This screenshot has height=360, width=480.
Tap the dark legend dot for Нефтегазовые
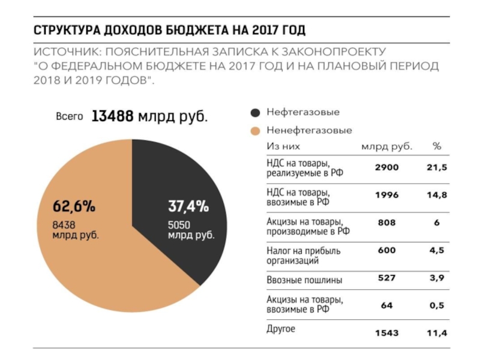coord(255,112)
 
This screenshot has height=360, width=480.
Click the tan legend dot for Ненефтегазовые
coord(255,130)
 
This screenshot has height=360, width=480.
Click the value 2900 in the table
coord(386,168)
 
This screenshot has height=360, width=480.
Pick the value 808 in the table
coord(386,223)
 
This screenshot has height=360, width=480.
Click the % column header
coord(437,146)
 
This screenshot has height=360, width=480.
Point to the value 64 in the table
coord(386,305)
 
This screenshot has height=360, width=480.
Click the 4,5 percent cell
coord(437,251)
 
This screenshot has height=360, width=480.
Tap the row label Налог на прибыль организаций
coord(303,256)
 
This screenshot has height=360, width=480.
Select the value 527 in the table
coord(386,277)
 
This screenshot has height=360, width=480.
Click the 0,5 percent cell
coord(437,305)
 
